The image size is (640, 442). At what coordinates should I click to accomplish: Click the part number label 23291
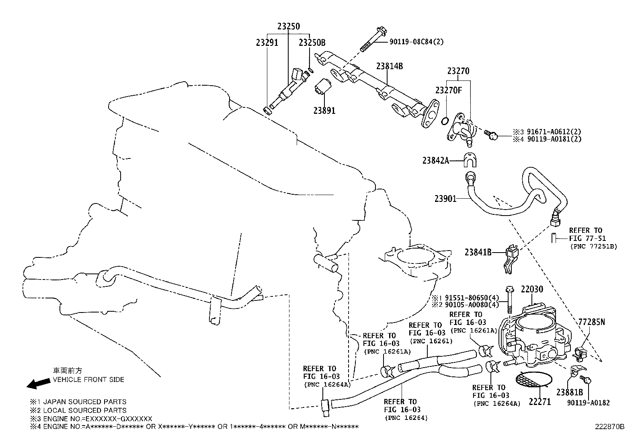[x=267, y=43]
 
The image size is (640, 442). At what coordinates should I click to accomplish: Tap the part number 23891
[x=324, y=110]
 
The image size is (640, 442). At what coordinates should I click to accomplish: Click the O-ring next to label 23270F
[x=445, y=120]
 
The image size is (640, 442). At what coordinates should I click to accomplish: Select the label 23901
[x=445, y=198]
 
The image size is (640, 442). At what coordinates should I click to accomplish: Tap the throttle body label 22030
[x=532, y=289]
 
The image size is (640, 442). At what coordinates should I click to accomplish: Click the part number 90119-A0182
[x=588, y=402]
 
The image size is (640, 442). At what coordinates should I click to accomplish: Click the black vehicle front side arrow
[x=37, y=384]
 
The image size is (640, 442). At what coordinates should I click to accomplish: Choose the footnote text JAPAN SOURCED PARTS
[x=84, y=401]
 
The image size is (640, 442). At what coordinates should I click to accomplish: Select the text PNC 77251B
[x=593, y=246]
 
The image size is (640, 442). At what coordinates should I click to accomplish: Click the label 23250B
[x=312, y=43]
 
